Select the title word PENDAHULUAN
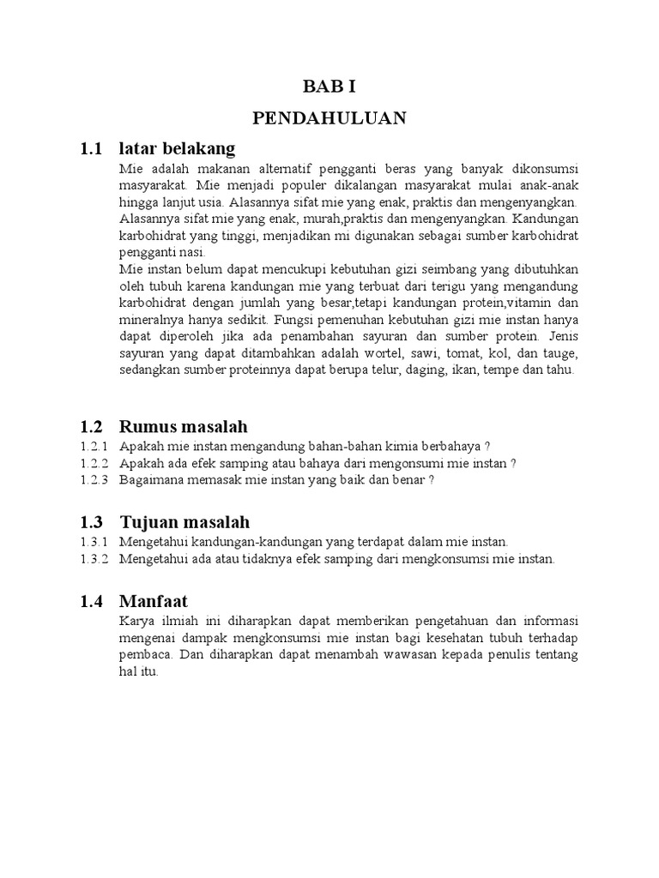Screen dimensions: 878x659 click(x=329, y=117)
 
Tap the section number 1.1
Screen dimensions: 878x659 click(x=92, y=149)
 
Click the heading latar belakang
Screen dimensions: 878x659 click(x=177, y=149)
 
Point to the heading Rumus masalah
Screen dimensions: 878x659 click(x=184, y=426)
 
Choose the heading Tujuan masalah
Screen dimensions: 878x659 click(x=184, y=522)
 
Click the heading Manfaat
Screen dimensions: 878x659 click(x=154, y=601)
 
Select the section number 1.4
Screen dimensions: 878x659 click(x=92, y=601)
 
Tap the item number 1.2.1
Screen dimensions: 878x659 click(x=95, y=447)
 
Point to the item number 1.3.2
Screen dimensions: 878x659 click(x=95, y=559)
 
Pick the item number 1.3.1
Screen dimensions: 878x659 click(x=95, y=543)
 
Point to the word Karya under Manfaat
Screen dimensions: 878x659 click(x=136, y=622)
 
